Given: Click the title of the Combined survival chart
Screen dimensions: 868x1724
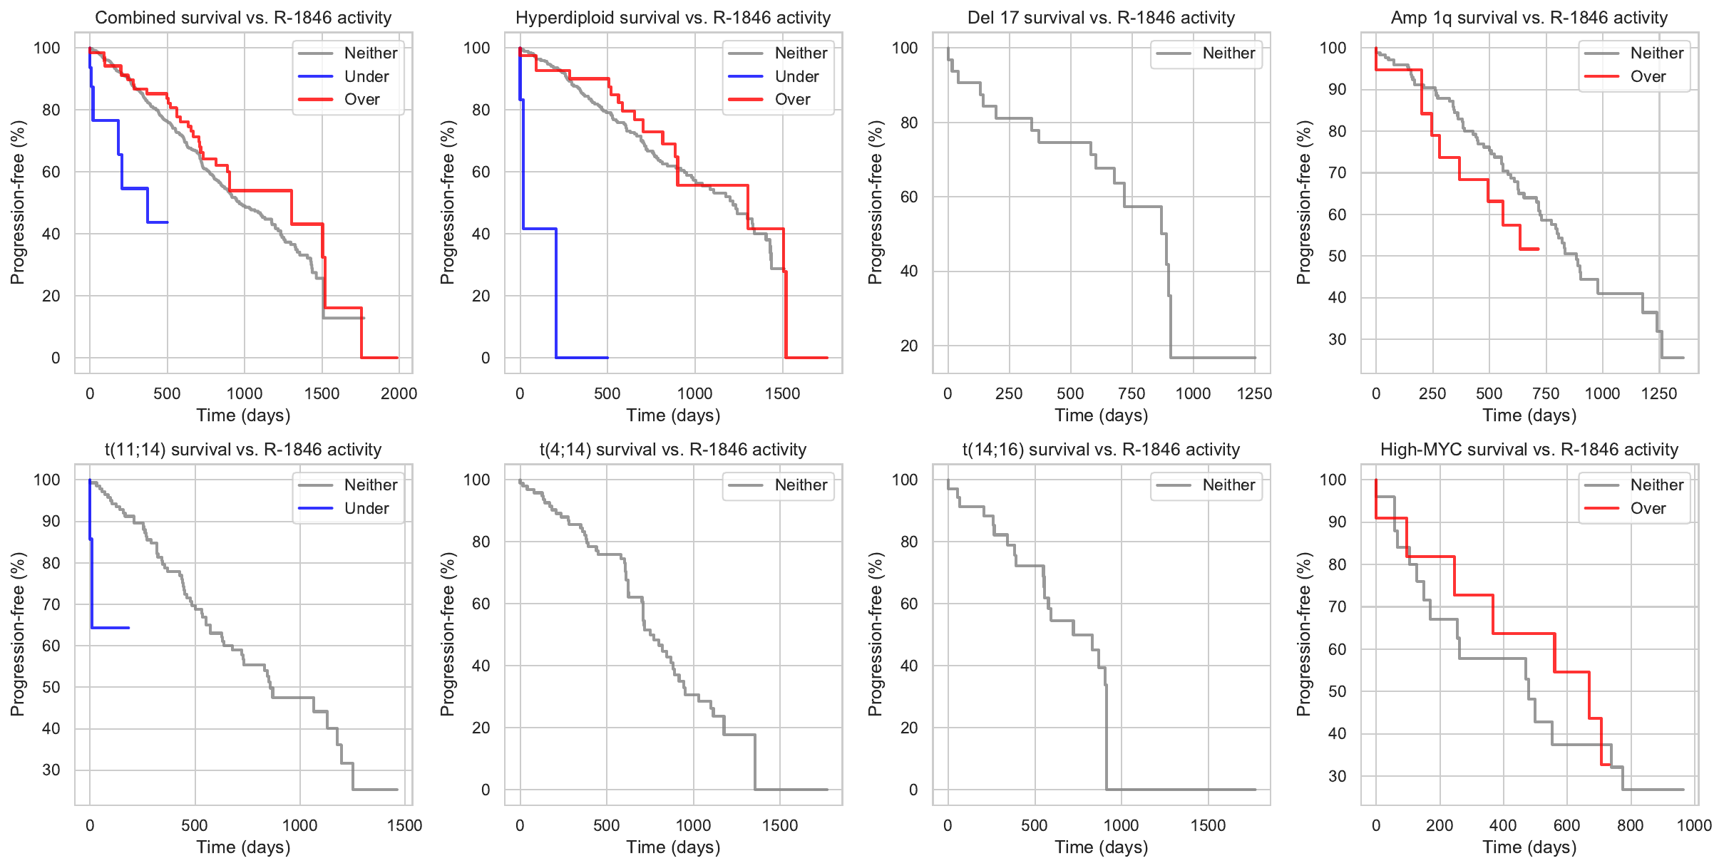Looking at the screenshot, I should click(x=243, y=18).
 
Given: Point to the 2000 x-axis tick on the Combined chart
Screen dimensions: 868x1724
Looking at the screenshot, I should click(x=399, y=393).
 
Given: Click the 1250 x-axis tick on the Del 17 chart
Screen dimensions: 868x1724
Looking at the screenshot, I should click(x=1254, y=393).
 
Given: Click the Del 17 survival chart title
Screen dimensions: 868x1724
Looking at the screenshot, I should click(x=1101, y=18).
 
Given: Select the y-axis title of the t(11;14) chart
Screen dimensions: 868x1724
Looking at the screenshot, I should click(x=18, y=634).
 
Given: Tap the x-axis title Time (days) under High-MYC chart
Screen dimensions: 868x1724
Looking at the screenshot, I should click(x=1529, y=847).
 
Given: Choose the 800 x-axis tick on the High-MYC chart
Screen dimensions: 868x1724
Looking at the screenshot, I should click(x=1630, y=825).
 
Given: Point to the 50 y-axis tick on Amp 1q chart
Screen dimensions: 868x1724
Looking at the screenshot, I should click(x=1337, y=256).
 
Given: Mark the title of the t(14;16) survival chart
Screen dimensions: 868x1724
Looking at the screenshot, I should click(x=1101, y=450).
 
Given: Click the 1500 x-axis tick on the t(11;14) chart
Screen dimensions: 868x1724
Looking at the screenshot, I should click(x=404, y=825).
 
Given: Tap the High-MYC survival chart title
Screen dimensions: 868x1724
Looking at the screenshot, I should click(x=1529, y=450).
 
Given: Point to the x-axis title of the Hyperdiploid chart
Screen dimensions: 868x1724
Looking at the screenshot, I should click(x=673, y=415).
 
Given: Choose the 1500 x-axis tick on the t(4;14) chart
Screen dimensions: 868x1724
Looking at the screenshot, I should click(x=779, y=825).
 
